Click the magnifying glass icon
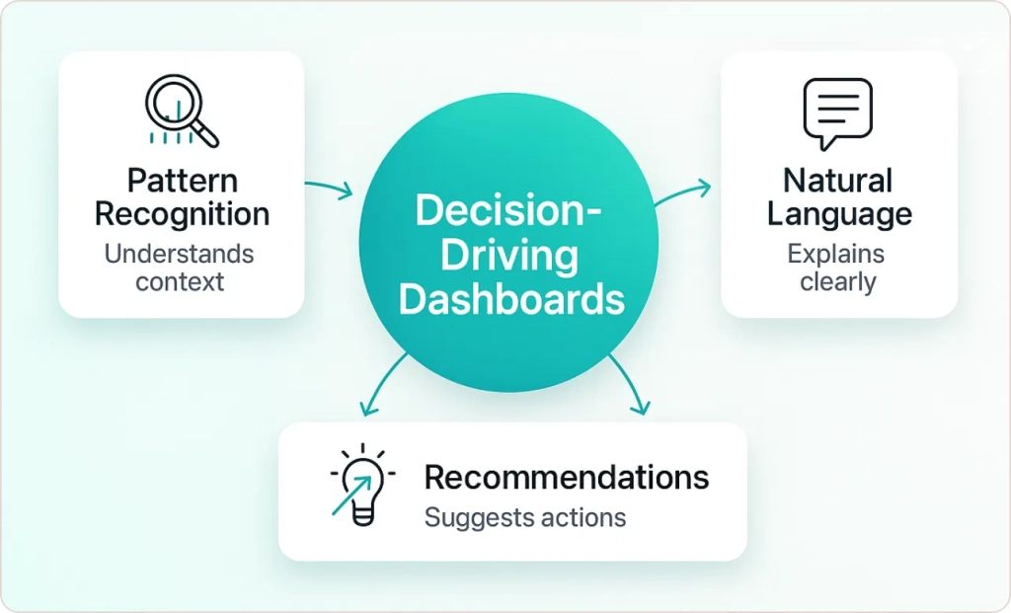(x=181, y=111)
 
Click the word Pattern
(x=182, y=181)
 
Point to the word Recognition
(x=182, y=213)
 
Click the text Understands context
(x=180, y=268)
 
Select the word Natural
(x=838, y=181)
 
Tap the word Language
(x=838, y=213)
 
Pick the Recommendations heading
(x=566, y=478)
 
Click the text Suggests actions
(x=524, y=517)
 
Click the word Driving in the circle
(x=507, y=256)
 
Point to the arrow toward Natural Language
(x=682, y=192)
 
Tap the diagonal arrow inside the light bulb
(x=351, y=494)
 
